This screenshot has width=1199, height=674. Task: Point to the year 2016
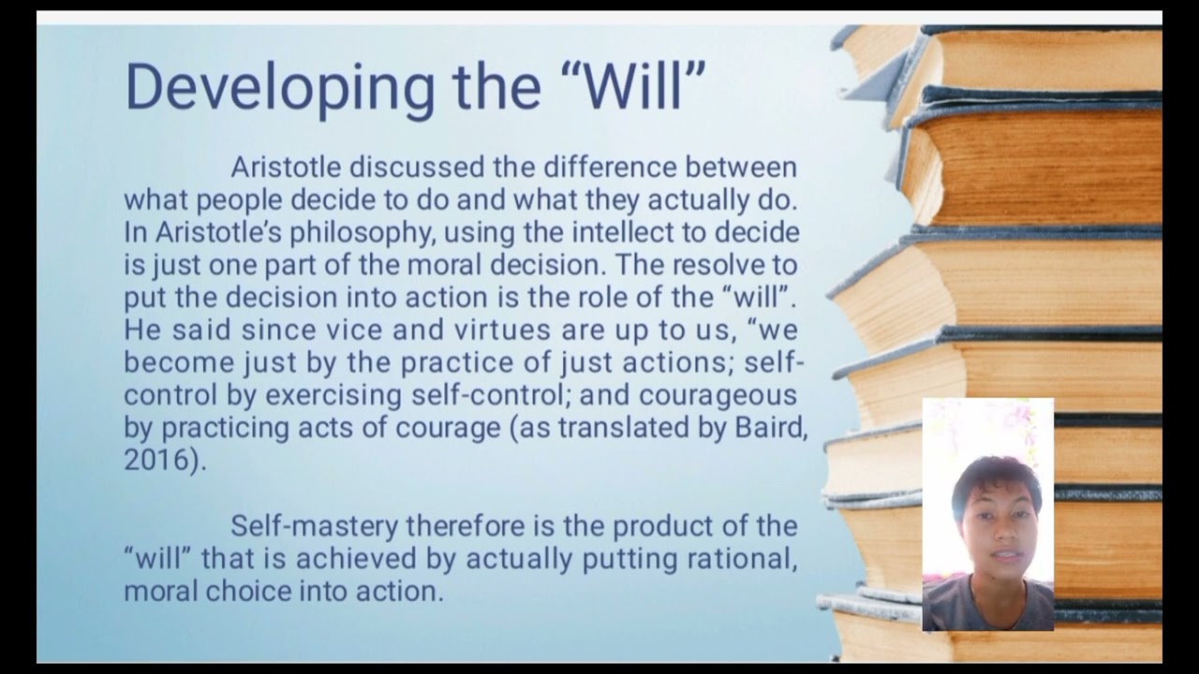[x=155, y=461]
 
